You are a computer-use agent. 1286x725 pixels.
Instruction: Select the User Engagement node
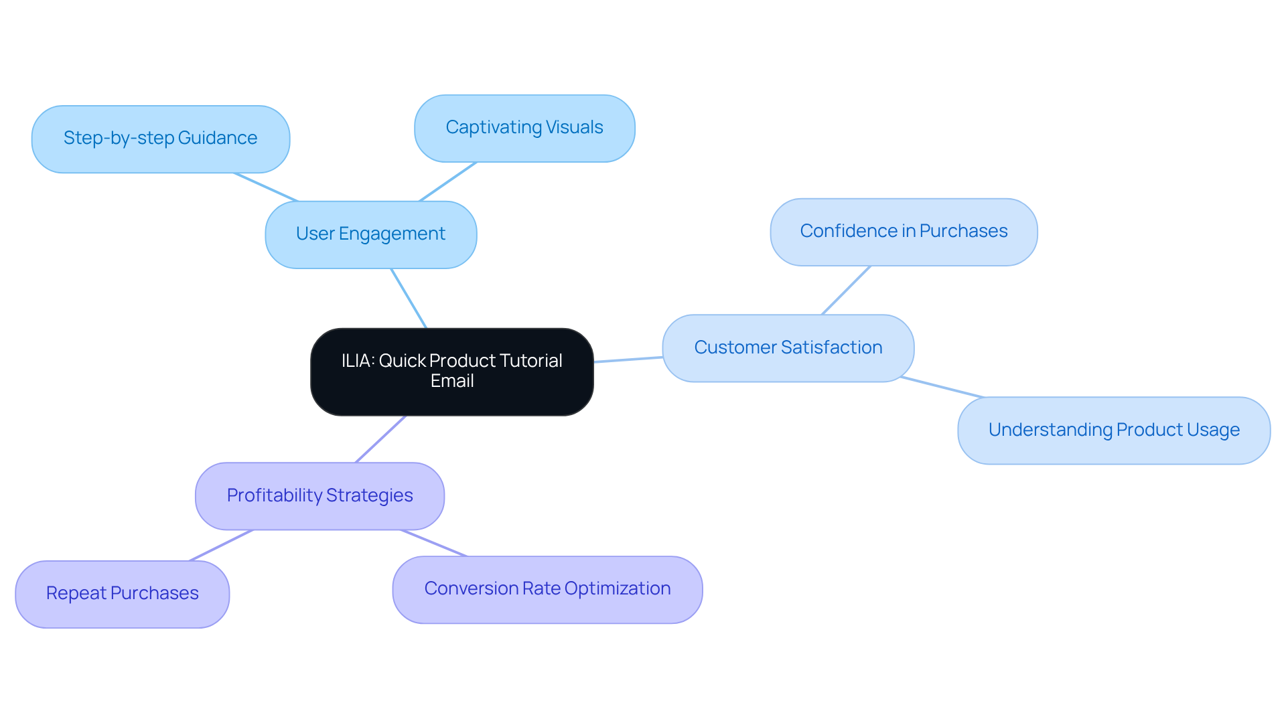coord(370,234)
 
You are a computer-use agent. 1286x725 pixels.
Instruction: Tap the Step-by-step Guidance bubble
coord(160,139)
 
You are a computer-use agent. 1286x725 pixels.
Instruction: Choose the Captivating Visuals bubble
coord(524,128)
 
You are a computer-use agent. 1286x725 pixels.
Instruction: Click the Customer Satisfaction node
coord(788,347)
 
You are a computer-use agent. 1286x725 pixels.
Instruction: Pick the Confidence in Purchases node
coord(904,232)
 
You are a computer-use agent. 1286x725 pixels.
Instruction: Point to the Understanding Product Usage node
coord(1113,430)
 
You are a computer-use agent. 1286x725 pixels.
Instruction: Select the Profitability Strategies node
coord(319,495)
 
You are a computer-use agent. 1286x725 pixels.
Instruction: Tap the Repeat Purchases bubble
coord(122,594)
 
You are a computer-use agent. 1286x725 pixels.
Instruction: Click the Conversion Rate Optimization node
coord(547,589)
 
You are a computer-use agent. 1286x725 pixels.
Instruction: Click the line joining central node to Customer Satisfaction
coord(628,359)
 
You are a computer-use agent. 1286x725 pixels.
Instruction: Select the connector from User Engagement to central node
coord(409,299)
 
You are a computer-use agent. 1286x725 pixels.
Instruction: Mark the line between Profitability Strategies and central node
coord(380,439)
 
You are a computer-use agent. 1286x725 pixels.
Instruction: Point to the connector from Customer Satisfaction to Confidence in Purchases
coord(846,290)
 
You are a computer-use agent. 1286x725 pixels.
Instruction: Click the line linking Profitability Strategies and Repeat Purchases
coord(221,546)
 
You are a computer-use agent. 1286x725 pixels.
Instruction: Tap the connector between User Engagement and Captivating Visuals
coord(447,181)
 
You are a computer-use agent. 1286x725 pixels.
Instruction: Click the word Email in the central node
coord(452,381)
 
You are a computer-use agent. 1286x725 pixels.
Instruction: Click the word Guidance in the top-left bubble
coord(217,138)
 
